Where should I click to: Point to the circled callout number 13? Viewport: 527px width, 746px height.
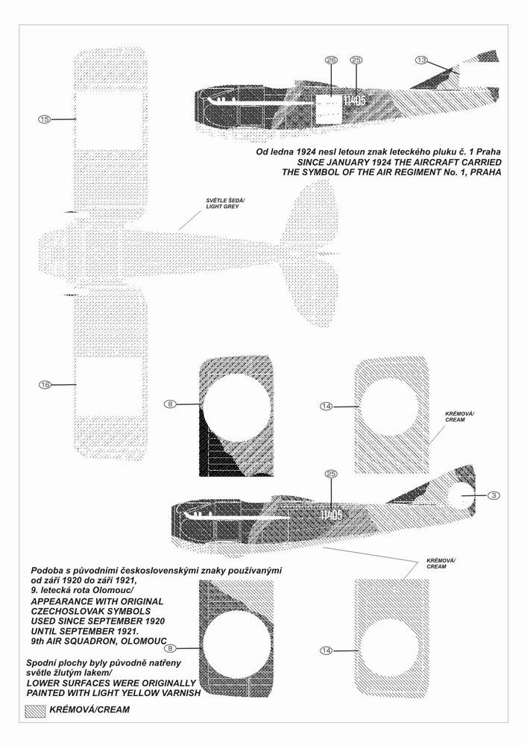[x=422, y=60]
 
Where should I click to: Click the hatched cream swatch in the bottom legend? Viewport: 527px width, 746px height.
[x=34, y=709]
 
